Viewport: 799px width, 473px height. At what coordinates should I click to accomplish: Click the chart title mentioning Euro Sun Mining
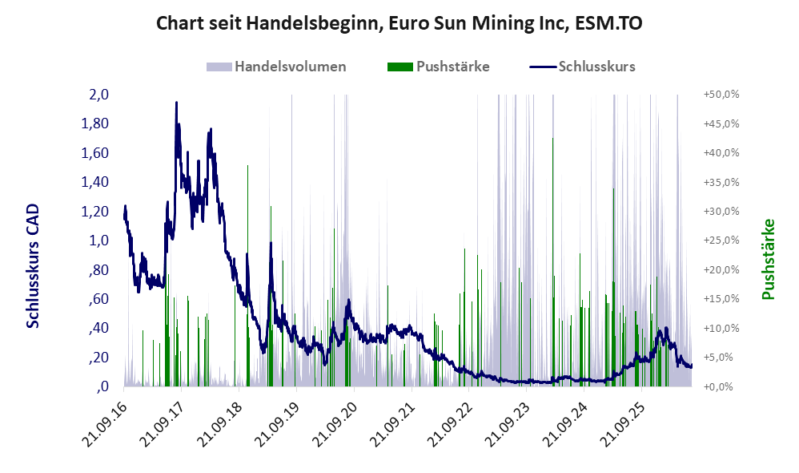coord(399,23)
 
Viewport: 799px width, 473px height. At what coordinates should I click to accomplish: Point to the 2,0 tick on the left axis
coord(98,95)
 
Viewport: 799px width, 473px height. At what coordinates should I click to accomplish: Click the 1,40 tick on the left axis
coord(95,182)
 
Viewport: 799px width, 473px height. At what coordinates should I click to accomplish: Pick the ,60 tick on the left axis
coord(98,298)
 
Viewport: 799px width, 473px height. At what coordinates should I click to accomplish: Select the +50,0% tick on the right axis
coord(721,95)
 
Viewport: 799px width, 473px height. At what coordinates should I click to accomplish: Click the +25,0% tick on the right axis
coord(721,241)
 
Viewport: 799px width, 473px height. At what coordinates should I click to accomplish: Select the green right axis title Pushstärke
coord(768,259)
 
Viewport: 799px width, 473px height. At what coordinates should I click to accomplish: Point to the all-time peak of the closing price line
coord(176,103)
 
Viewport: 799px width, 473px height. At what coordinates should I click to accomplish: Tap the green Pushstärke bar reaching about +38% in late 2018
coord(247,276)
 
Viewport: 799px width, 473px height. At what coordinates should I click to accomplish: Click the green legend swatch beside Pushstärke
coord(400,67)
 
